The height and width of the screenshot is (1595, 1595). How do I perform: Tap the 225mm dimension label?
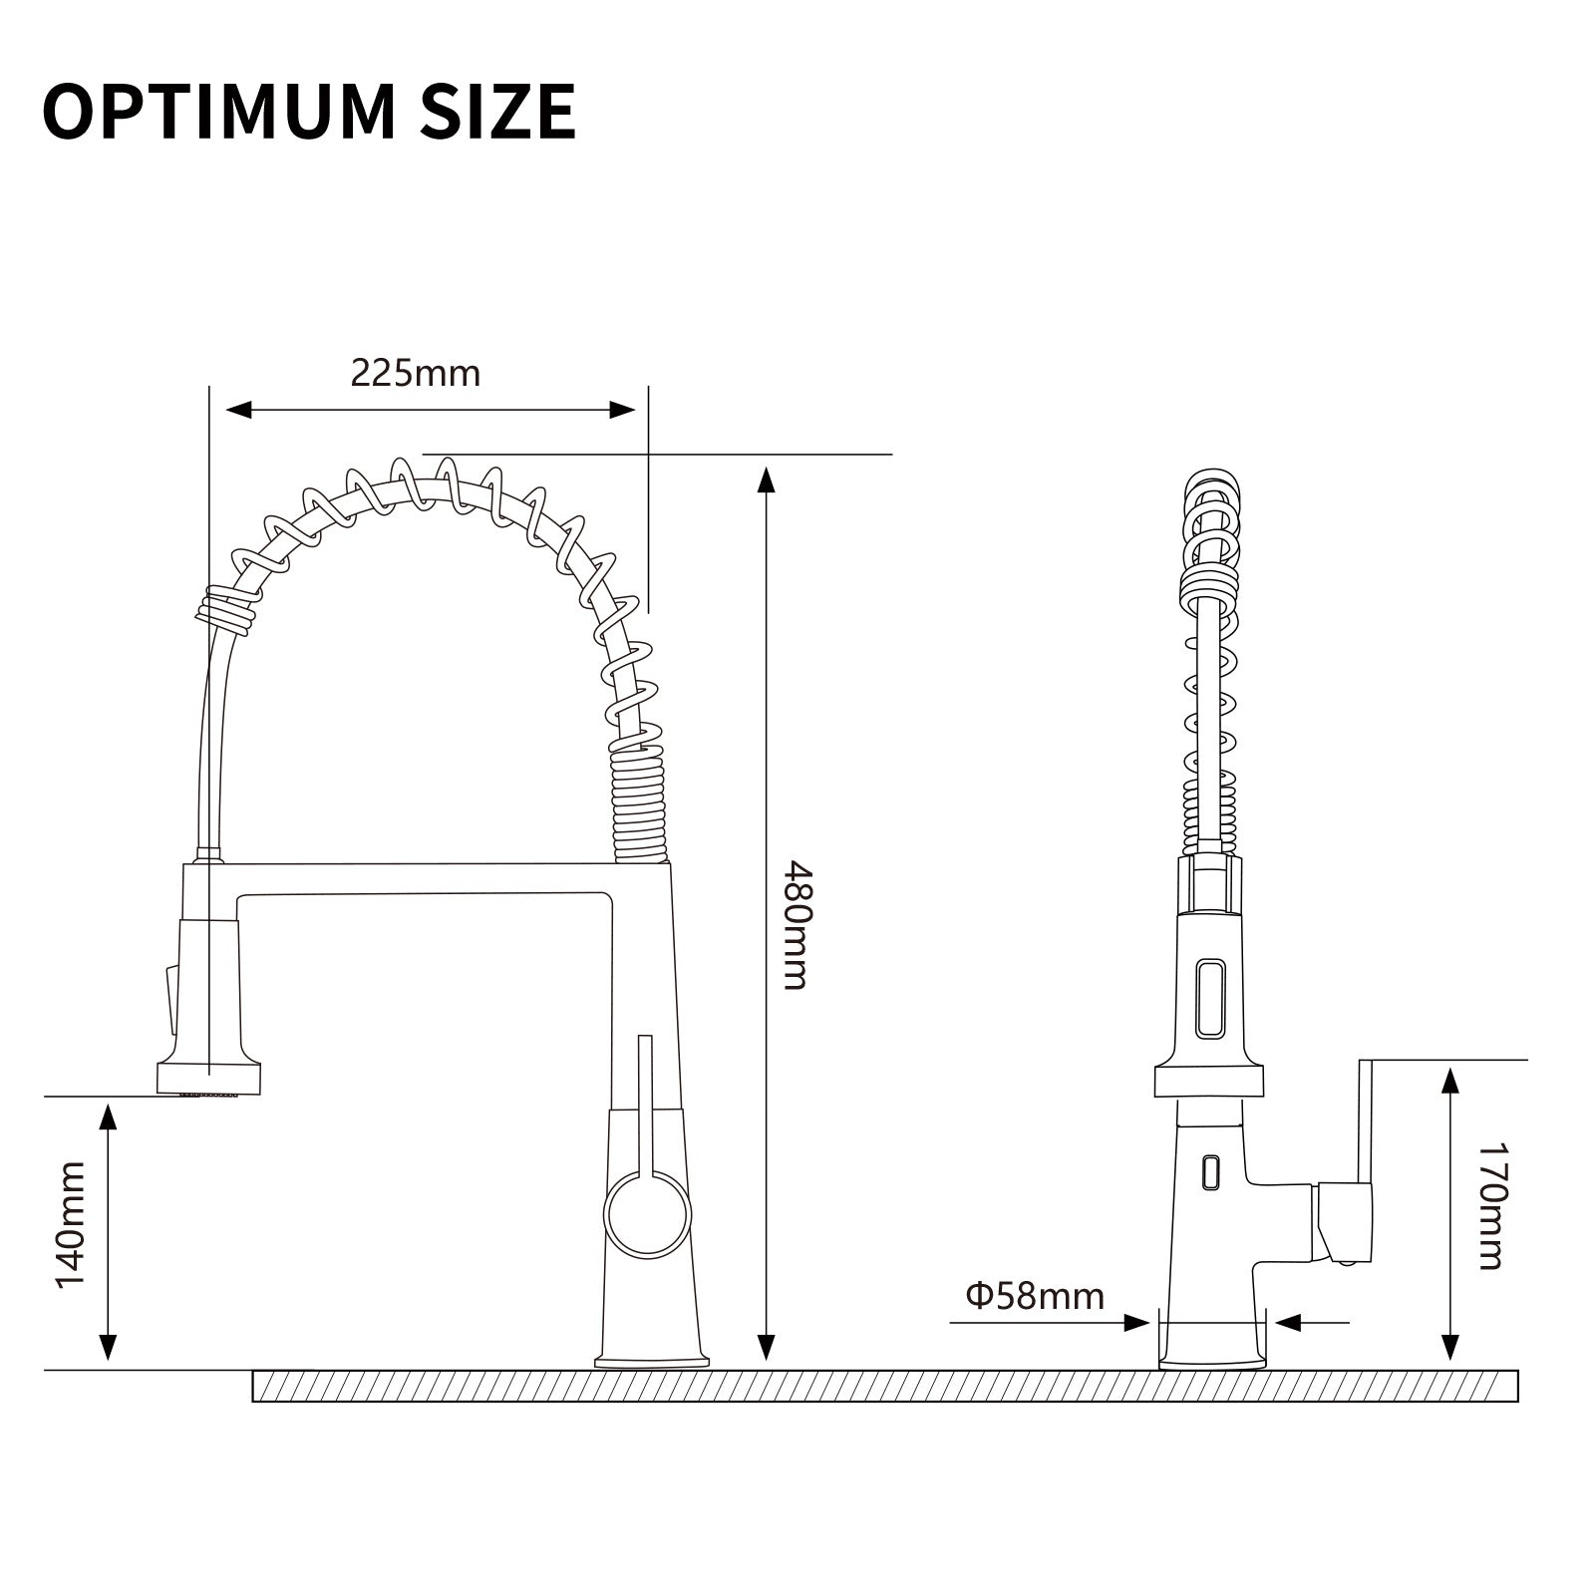click(415, 373)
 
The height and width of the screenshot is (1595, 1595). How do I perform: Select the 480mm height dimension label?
click(795, 924)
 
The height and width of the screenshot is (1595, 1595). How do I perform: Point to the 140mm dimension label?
click(70, 1224)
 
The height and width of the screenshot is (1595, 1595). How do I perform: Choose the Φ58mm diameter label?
click(1035, 1296)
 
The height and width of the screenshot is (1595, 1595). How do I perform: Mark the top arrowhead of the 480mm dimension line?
click(766, 480)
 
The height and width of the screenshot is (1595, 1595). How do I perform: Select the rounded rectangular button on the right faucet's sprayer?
click(1210, 998)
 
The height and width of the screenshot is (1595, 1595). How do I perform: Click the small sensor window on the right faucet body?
click(1211, 1170)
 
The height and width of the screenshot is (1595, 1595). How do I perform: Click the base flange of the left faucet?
click(652, 1360)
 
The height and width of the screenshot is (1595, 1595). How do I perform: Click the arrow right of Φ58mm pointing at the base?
click(1290, 1323)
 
